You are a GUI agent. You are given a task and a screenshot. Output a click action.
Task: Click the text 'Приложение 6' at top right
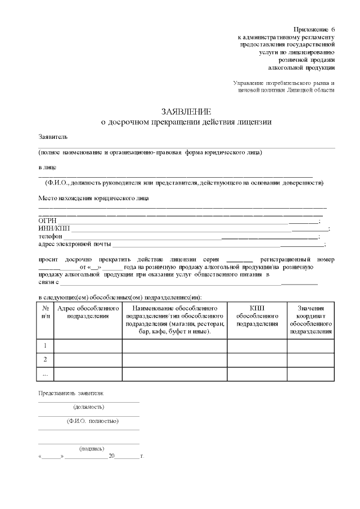click(314, 29)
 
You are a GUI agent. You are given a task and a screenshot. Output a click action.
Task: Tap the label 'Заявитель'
click(53, 137)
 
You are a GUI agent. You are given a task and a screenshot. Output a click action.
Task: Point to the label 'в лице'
click(47, 167)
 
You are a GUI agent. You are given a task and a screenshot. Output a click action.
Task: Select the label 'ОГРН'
click(48, 220)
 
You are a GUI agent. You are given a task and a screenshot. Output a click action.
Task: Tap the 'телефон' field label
click(50, 236)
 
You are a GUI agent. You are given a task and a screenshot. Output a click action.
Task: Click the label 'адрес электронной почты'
click(75, 244)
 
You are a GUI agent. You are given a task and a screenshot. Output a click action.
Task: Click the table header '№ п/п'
click(45, 313)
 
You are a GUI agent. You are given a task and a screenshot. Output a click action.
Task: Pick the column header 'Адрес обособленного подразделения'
click(88, 313)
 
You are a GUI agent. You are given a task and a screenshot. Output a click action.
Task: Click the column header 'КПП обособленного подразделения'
click(257, 316)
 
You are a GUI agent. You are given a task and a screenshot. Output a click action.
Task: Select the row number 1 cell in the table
click(45, 345)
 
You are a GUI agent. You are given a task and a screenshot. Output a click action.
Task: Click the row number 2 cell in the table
click(45, 359)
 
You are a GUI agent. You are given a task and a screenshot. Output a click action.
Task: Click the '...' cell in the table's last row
click(45, 373)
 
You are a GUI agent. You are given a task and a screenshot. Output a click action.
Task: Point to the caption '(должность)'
click(88, 407)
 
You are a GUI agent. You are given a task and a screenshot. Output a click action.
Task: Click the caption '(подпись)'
click(92, 448)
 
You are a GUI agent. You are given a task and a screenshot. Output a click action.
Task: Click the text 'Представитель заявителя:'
click(71, 393)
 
